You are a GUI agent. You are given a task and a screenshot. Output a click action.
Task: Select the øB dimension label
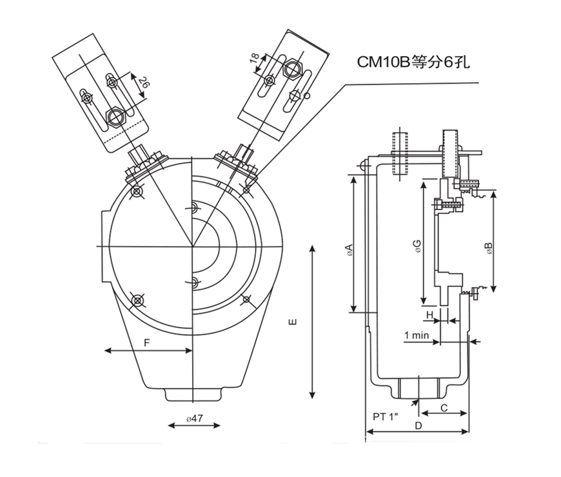point(489,249)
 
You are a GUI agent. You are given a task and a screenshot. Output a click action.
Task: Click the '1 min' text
point(417,335)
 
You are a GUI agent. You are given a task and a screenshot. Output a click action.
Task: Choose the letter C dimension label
point(444,408)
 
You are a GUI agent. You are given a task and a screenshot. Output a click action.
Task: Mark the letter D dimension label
point(418,426)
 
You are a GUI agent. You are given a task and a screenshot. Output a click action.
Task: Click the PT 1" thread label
point(385,416)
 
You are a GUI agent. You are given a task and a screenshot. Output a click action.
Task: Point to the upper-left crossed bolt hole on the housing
point(137,192)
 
